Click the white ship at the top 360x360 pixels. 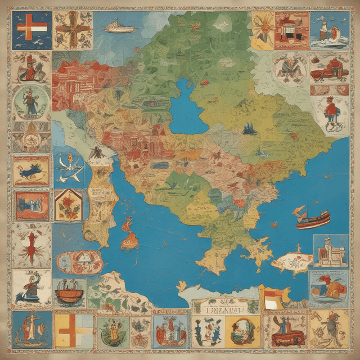pos(120,26)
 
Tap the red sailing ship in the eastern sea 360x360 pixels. pos(313,218)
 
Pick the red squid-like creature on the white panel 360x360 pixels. pos(31,245)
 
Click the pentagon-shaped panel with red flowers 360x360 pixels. pos(68,205)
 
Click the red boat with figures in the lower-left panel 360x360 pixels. pos(70,294)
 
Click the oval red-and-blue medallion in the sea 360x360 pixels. pos(79,262)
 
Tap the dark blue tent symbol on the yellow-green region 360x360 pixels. pos(249,130)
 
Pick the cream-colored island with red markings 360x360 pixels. pos(291,262)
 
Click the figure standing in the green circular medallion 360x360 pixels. pos(30,103)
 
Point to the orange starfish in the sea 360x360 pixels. pos(274,224)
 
